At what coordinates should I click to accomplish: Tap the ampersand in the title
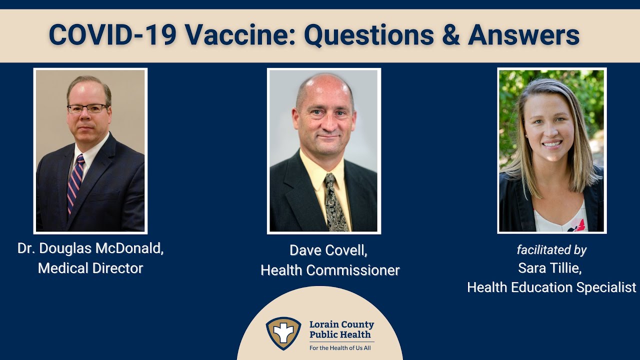click(x=450, y=35)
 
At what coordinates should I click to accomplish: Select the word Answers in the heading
click(x=523, y=35)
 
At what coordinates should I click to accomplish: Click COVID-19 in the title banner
click(x=112, y=35)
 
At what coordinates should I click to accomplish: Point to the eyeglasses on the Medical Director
click(x=87, y=108)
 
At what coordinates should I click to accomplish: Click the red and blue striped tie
click(x=75, y=183)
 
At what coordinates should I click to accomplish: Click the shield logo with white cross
click(x=283, y=333)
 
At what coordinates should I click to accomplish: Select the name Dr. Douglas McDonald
click(x=90, y=248)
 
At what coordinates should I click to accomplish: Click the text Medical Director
click(x=90, y=268)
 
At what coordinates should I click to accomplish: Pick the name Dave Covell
click(x=328, y=250)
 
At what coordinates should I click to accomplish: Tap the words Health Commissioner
click(x=330, y=270)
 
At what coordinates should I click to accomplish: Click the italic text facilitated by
click(x=551, y=250)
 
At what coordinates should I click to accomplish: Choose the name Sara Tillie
click(x=550, y=268)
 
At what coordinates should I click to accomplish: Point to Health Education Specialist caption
click(x=551, y=287)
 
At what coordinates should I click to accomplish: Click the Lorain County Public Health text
click(x=341, y=329)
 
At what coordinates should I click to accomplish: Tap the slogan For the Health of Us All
click(x=340, y=348)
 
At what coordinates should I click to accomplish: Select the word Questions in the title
click(x=368, y=35)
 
